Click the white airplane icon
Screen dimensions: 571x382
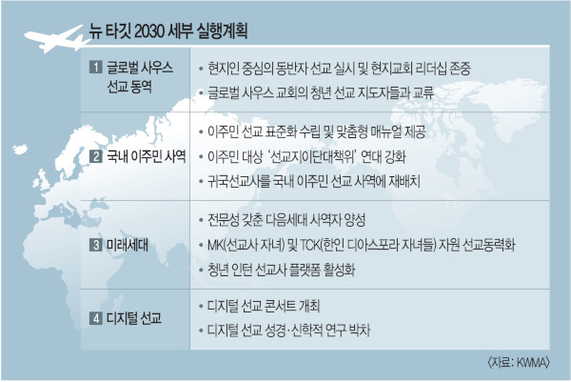click(54, 39)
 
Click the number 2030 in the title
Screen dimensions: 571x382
click(148, 31)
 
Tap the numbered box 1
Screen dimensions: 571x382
click(96, 67)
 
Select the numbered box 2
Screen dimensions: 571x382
click(96, 156)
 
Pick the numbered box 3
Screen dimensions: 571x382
click(96, 245)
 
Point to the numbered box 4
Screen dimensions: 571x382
click(96, 318)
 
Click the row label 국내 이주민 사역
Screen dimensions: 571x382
click(147, 156)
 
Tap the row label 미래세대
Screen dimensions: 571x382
click(128, 245)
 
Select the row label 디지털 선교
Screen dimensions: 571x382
click(134, 318)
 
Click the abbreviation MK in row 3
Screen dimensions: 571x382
click(214, 245)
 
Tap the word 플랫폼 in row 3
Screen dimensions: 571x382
click(305, 271)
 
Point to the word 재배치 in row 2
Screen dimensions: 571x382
click(404, 181)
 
